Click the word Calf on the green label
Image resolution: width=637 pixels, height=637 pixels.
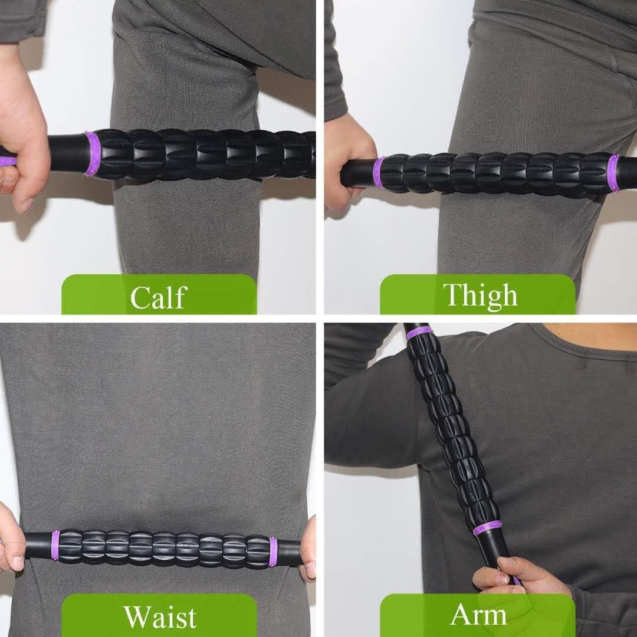(x=158, y=297)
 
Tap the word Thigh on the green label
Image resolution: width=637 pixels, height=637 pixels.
(x=480, y=295)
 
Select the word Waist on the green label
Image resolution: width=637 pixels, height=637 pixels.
(x=159, y=616)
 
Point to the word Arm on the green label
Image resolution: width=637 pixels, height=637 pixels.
(x=478, y=615)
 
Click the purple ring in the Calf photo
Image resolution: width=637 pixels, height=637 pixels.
(x=91, y=154)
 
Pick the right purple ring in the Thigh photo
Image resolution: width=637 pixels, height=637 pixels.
(x=613, y=173)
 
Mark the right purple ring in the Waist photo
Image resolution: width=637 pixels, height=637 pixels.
(x=273, y=552)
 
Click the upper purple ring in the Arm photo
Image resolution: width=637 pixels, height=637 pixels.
(x=419, y=333)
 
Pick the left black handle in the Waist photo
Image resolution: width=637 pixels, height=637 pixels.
(x=38, y=546)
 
